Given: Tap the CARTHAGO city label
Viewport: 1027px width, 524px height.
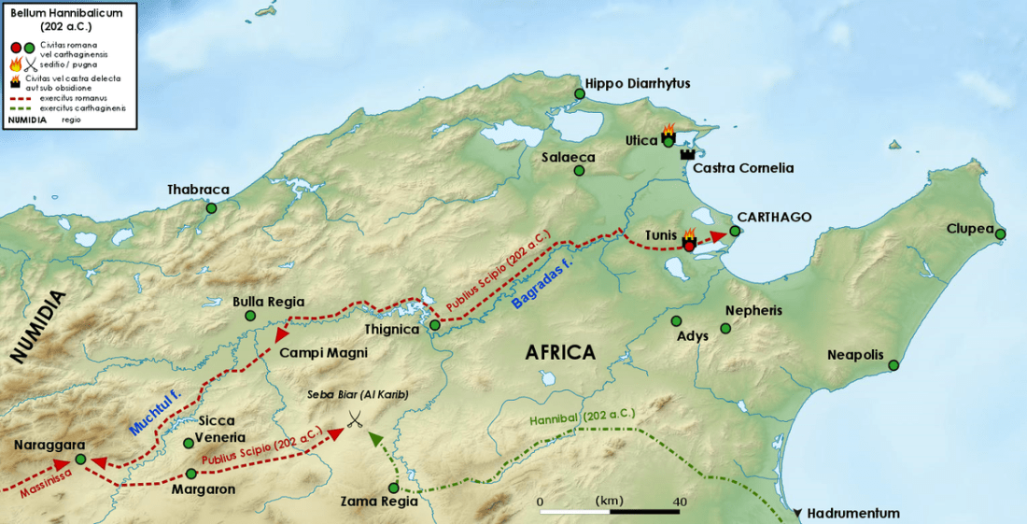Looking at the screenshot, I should (774, 217).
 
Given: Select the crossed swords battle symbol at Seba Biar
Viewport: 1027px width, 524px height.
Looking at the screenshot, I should (353, 419).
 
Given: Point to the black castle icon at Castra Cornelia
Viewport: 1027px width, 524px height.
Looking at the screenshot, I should (689, 152).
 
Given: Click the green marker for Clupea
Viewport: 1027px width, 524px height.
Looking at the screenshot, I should (1000, 234).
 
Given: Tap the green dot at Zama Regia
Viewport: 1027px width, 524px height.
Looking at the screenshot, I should (394, 488).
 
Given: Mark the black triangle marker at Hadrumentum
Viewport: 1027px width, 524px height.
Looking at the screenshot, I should (797, 514).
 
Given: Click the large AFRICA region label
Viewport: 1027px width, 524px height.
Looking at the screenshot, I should (560, 352).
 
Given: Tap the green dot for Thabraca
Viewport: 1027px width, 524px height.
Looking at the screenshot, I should (212, 208).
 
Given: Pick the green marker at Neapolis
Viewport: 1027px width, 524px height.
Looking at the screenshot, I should (893, 365).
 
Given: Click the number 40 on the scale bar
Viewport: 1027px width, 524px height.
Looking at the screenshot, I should (680, 502).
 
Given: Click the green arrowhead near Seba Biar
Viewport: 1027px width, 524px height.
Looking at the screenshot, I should (374, 437).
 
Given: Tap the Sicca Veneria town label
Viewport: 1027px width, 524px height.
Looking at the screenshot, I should (221, 430).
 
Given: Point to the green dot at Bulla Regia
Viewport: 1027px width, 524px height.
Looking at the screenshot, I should (249, 316).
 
